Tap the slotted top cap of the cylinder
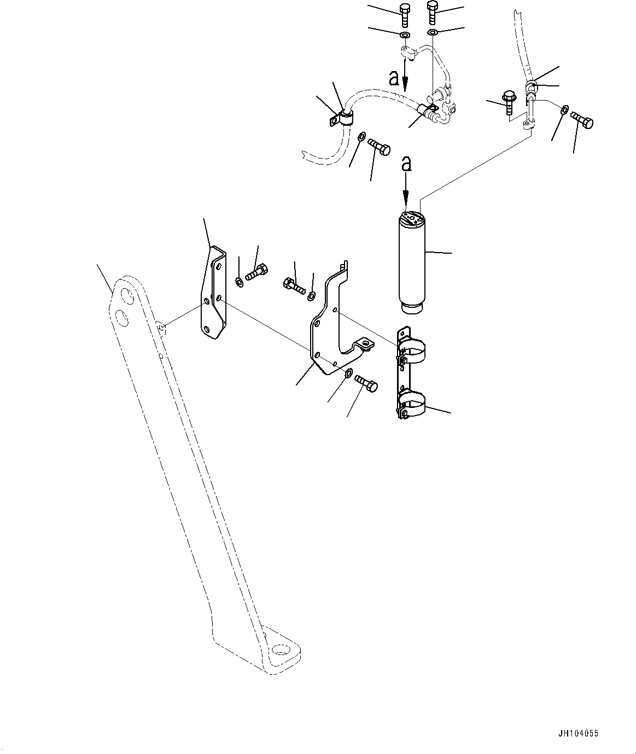[412, 220]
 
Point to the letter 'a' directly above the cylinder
[405, 164]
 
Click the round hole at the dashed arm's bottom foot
[282, 650]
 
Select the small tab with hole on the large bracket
[363, 344]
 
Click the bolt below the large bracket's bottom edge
[366, 383]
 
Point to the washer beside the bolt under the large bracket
[348, 373]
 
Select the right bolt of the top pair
[432, 12]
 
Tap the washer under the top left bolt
[405, 36]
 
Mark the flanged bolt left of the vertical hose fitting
[509, 102]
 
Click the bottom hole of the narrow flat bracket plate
[206, 328]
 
